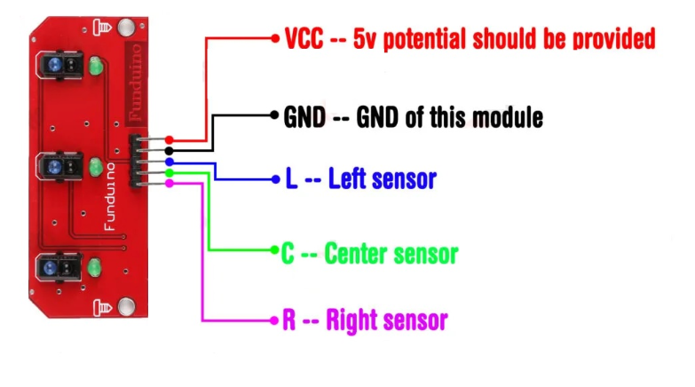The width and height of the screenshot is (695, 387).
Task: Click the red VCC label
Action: point(305,38)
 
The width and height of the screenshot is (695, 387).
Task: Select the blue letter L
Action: point(291,180)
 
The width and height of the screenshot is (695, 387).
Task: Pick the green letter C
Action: point(288,254)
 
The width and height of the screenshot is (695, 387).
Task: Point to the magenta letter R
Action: point(288,320)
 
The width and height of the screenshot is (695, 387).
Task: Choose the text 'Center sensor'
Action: point(391,254)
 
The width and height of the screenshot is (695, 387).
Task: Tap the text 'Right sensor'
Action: point(386,320)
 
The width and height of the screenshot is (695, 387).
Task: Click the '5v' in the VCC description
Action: point(363,38)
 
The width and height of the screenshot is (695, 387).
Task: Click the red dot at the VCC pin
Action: point(170,139)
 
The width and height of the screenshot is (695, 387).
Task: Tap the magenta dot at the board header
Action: point(170,183)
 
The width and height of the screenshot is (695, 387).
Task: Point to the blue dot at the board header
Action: point(170,162)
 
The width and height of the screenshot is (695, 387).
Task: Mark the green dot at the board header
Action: point(170,172)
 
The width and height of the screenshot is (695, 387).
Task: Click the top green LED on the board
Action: point(96,66)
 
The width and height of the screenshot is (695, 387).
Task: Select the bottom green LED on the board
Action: point(96,268)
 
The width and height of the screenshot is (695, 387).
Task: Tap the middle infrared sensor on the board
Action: point(54,166)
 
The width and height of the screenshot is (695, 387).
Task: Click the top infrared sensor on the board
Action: point(54,66)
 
